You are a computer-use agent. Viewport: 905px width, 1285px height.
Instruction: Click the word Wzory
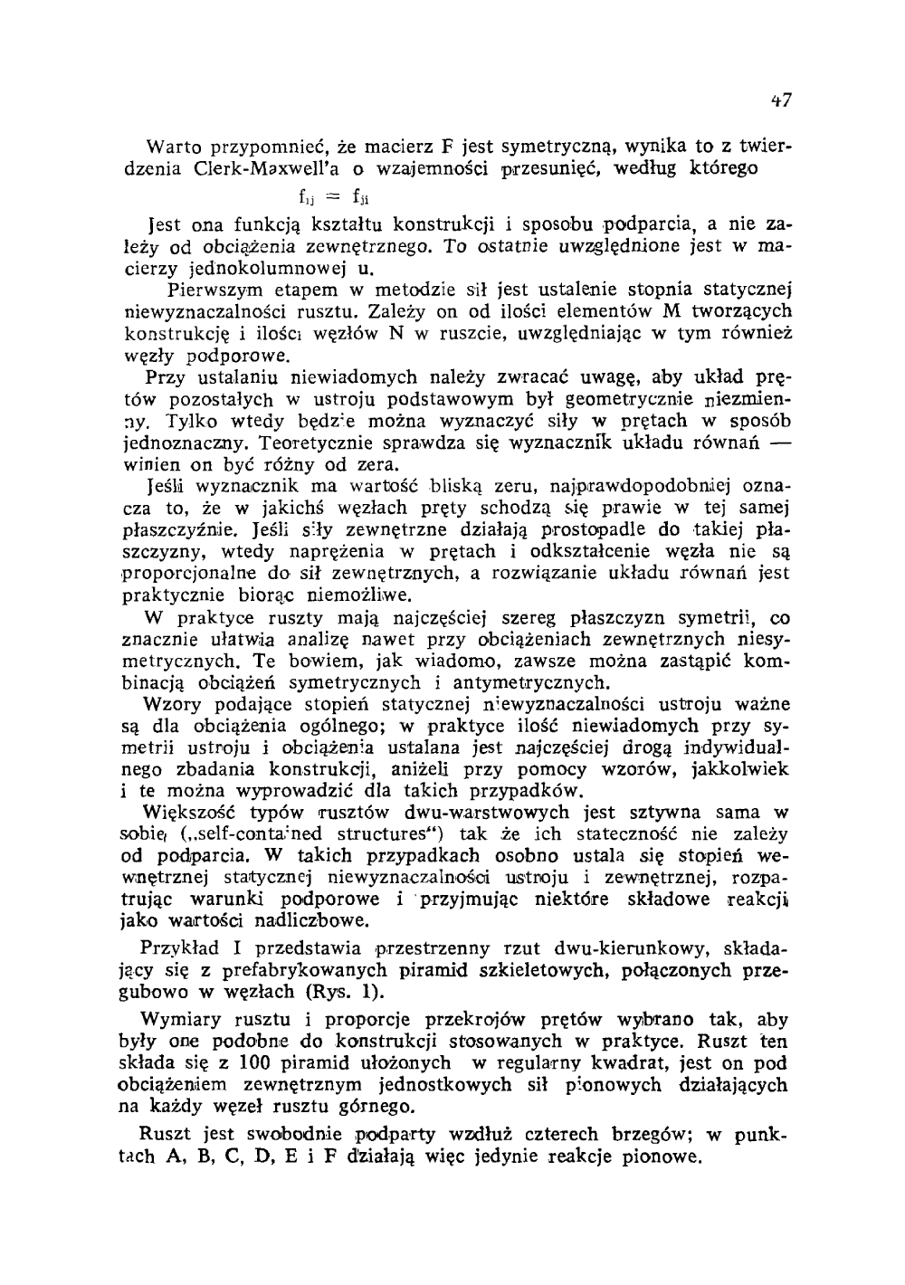(174, 704)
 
